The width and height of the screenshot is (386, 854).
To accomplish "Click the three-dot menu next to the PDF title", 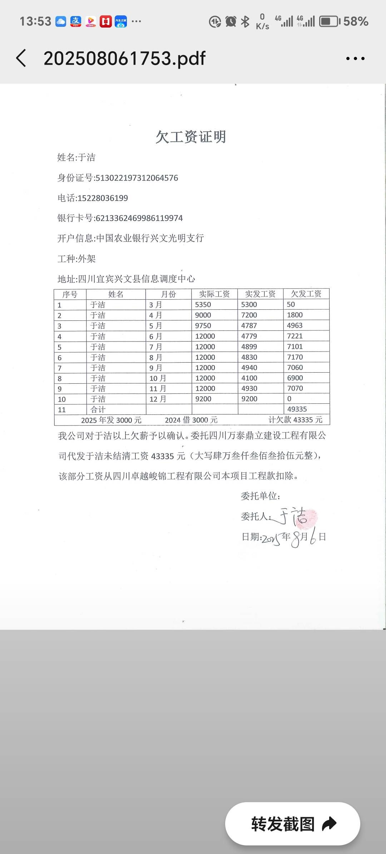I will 355,58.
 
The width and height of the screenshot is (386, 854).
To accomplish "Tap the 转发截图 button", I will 293,824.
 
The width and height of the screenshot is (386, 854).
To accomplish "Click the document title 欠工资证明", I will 191,137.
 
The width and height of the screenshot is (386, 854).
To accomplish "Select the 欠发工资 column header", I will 306,294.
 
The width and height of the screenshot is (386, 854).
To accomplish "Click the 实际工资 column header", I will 214,294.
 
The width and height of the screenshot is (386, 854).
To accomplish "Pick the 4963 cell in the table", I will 295,325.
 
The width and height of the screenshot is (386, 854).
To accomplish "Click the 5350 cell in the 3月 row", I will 203,305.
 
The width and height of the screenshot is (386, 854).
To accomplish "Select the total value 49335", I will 297,409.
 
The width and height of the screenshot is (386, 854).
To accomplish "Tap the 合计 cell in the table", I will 98,409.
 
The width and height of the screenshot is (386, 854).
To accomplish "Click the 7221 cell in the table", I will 295,336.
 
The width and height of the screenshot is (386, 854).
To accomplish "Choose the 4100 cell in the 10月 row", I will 249,378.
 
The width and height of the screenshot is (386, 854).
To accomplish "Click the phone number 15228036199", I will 103,198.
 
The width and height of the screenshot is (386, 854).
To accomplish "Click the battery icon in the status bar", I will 330,21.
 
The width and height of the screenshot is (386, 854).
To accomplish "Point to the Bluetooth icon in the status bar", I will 245,21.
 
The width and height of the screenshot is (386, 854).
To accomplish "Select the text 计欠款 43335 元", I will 295,420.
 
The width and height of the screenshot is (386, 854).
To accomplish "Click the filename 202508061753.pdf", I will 124,58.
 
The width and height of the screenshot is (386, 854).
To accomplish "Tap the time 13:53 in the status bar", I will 35,21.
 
